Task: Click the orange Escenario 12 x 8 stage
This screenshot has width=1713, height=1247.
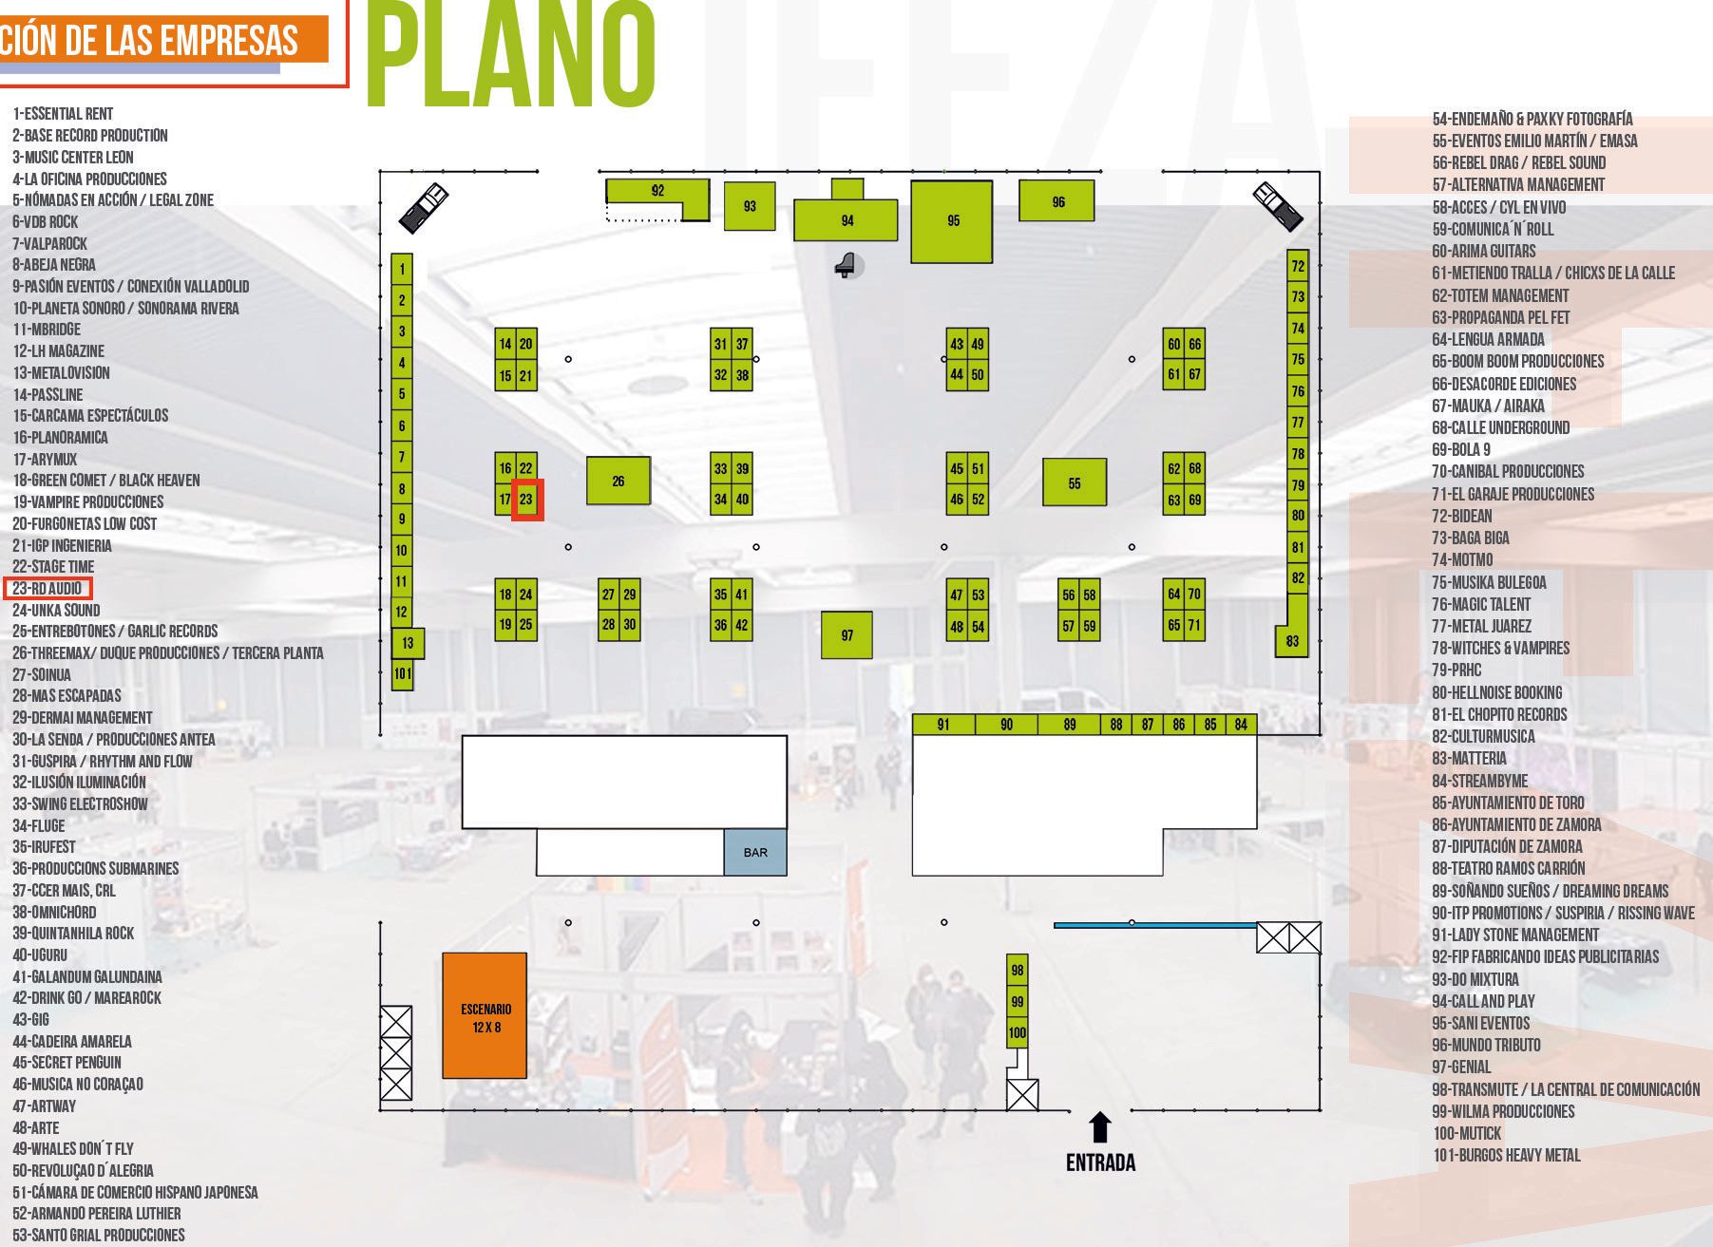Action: click(485, 1015)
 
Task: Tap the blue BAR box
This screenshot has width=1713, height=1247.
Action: click(755, 852)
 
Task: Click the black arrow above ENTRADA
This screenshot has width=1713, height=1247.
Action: click(1100, 1127)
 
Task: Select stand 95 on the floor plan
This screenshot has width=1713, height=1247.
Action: click(952, 221)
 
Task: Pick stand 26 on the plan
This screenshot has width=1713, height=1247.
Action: click(619, 481)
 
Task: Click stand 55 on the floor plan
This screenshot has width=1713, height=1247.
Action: click(1075, 482)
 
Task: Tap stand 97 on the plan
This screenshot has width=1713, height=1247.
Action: click(847, 635)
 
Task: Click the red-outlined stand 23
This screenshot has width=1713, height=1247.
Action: click(526, 500)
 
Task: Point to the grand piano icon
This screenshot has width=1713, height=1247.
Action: click(845, 265)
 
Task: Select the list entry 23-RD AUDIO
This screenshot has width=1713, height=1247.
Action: click(48, 589)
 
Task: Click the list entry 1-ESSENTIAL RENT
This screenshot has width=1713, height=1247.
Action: click(63, 114)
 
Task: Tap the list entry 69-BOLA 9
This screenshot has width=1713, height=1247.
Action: click(1461, 450)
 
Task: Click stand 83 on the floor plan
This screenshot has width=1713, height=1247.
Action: click(1292, 640)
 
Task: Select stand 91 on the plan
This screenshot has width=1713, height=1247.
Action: click(943, 725)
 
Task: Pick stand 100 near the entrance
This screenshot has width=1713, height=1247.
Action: click(1018, 1032)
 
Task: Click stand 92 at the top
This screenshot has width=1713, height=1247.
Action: click(657, 191)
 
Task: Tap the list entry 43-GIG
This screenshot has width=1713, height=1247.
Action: click(30, 1020)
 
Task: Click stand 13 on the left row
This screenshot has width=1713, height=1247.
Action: click(408, 643)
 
